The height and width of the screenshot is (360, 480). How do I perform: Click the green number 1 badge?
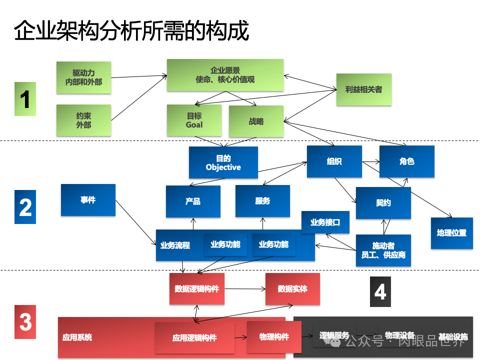click(x=25, y=98)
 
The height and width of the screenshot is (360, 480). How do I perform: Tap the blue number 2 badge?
click(x=25, y=207)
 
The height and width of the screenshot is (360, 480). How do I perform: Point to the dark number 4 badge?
click(x=380, y=291)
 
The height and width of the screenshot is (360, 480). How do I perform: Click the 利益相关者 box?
click(x=363, y=89)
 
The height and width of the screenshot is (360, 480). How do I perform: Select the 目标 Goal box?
click(x=194, y=120)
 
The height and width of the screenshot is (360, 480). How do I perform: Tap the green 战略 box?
click(x=256, y=121)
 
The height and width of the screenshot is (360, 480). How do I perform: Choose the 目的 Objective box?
click(x=223, y=162)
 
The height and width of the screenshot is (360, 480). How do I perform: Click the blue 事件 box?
click(x=88, y=200)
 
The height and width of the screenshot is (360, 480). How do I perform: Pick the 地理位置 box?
click(x=451, y=233)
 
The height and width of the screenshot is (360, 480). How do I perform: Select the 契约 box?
click(x=383, y=203)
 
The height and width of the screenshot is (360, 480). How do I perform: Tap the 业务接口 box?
click(x=325, y=222)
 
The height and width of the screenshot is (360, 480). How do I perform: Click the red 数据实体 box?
click(x=292, y=289)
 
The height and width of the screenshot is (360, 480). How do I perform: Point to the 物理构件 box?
click(x=274, y=336)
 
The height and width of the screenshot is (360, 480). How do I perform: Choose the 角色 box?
click(x=406, y=161)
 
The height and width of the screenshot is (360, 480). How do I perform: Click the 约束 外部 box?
click(x=83, y=120)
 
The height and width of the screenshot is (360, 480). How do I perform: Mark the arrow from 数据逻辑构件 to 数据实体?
click(x=245, y=289)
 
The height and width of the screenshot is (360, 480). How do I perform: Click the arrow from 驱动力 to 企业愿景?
click(x=138, y=76)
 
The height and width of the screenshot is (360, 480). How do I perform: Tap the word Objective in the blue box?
click(x=223, y=167)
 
